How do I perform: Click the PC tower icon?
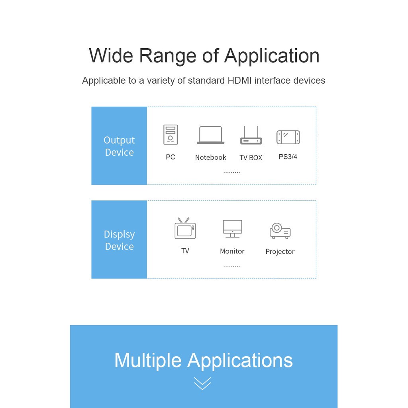171,135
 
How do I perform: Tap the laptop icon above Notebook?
210,135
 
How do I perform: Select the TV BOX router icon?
251,136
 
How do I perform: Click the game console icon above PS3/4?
288,137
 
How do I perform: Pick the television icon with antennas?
185,229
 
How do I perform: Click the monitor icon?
232,229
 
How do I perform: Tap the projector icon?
280,231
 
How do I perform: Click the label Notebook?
210,157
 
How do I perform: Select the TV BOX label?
251,158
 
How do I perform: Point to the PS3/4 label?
288,157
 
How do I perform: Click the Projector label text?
280,251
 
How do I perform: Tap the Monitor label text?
232,251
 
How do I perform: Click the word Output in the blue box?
119,140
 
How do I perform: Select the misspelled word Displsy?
119,234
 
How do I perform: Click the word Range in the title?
168,56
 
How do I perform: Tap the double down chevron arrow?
202,383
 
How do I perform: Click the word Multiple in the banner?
148,360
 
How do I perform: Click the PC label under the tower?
171,157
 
